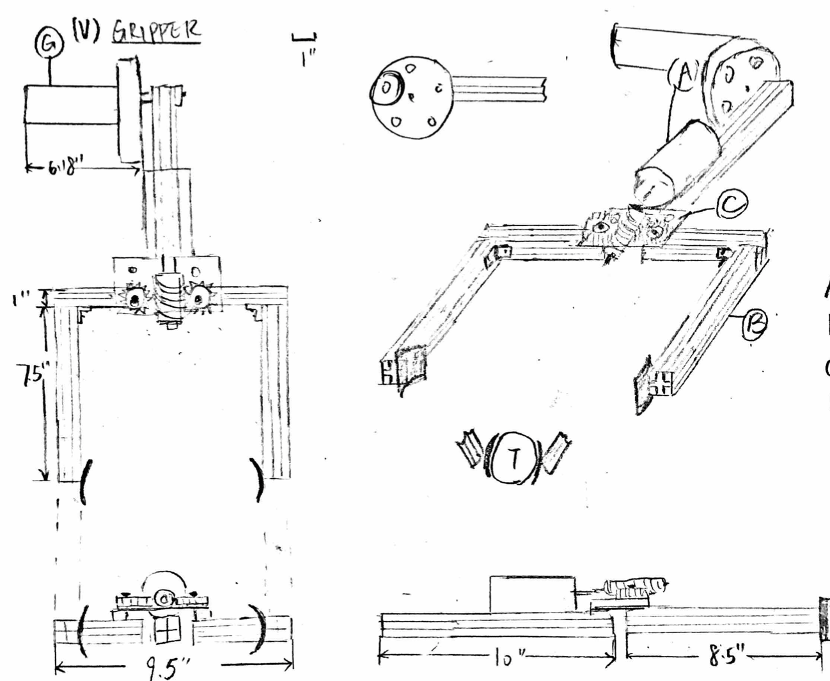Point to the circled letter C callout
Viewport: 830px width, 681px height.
[x=728, y=205]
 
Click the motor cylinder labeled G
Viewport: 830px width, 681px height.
[x=71, y=105]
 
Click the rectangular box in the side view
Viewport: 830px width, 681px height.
[x=531, y=594]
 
